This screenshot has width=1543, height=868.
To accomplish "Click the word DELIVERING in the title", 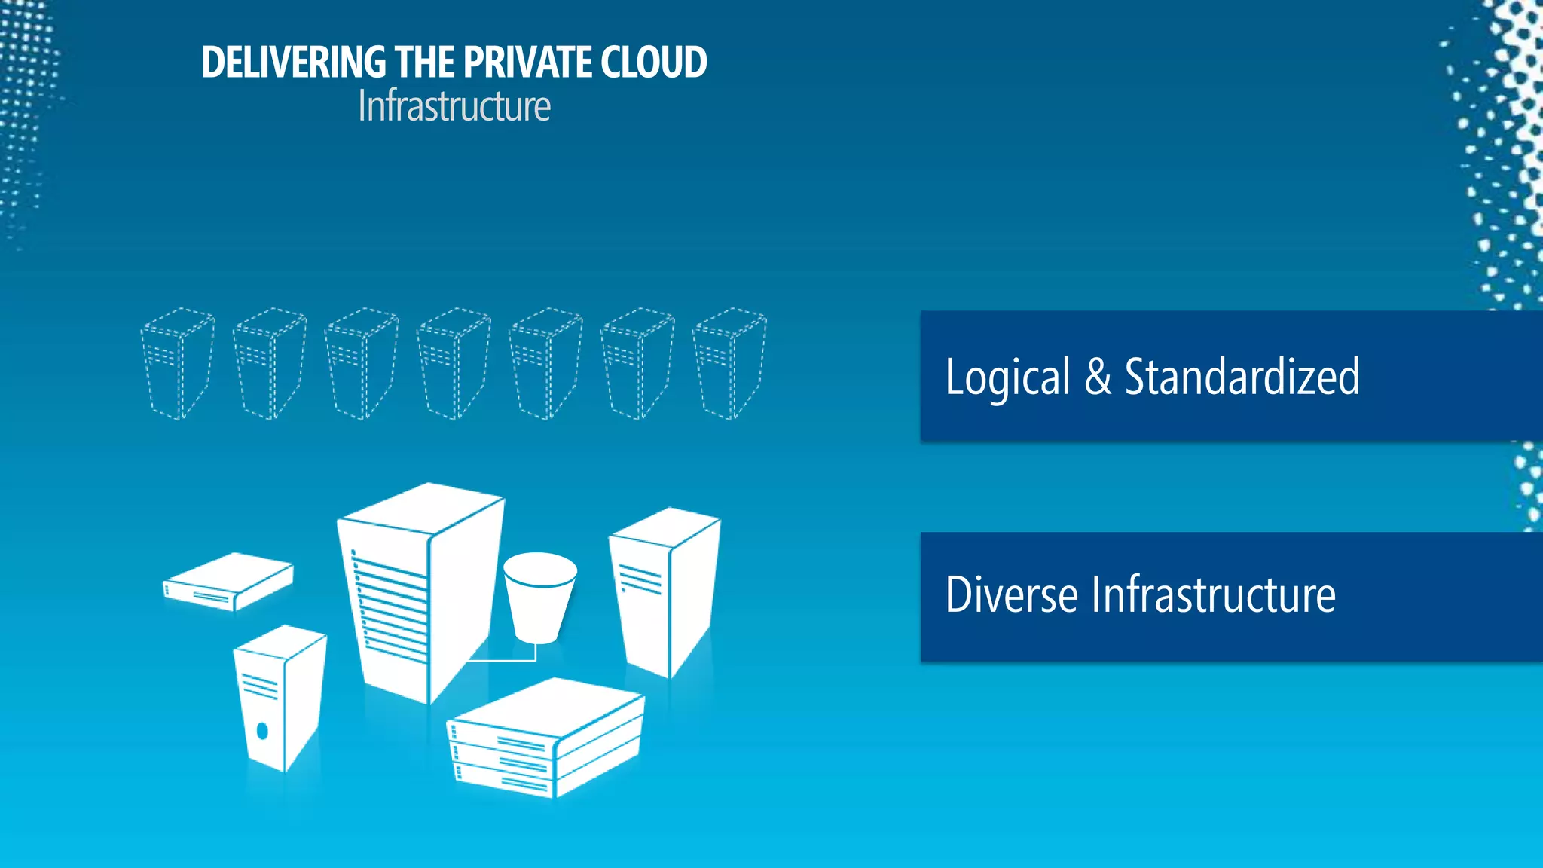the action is click(x=294, y=63).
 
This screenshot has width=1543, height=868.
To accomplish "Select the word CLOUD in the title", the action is click(x=653, y=63).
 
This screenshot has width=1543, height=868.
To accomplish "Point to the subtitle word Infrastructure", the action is click(x=454, y=106).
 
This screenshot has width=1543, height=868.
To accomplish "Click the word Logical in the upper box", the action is click(x=1007, y=377).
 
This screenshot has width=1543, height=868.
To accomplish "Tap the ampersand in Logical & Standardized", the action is click(x=1098, y=377).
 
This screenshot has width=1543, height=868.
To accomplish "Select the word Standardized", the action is click(x=1242, y=377).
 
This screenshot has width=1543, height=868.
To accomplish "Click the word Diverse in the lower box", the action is click(x=1011, y=595).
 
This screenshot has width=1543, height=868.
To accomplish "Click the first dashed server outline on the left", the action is click(x=178, y=364).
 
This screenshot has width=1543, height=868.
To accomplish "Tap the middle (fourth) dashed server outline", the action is click(x=454, y=364).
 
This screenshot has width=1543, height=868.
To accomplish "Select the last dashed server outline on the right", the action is click(x=729, y=364).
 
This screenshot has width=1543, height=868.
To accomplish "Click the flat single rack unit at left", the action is click(x=228, y=582).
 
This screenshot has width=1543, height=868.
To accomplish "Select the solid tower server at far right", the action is click(x=663, y=591).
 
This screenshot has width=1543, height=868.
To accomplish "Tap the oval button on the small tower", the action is click(x=262, y=730).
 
